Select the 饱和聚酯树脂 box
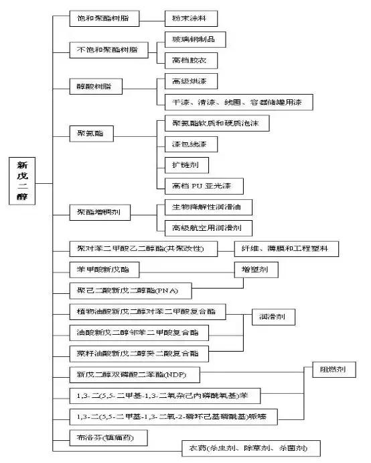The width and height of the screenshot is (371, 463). click(104, 19)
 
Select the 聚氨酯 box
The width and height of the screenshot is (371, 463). click(91, 134)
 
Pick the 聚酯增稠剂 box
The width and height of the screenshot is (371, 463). click(99, 213)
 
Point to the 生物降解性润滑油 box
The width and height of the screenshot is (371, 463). click(208, 207)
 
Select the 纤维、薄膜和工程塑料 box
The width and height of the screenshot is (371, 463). click(285, 249)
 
